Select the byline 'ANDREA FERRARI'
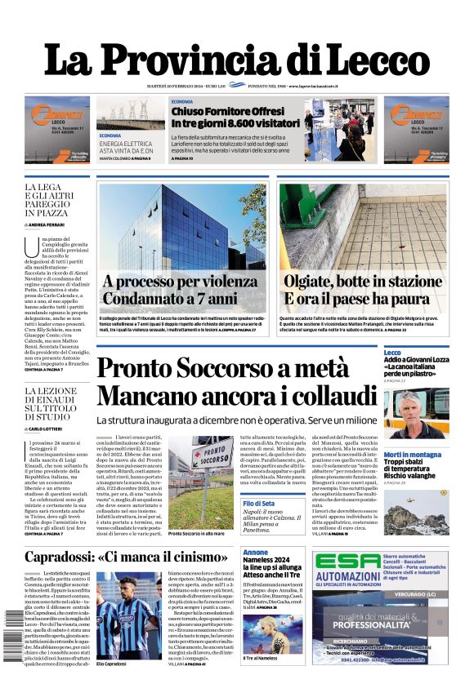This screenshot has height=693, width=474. pos(48,224)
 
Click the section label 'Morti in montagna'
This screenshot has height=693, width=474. pos(413,455)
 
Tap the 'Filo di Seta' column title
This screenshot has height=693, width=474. pos(258,503)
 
